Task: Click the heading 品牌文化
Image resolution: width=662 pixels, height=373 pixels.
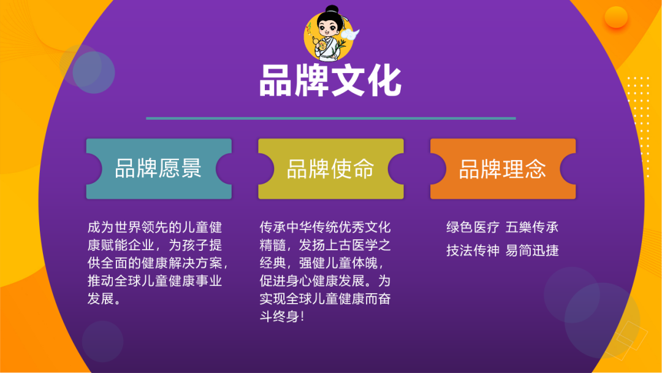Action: [330, 82]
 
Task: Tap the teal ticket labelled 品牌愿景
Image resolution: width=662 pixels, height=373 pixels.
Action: [159, 169]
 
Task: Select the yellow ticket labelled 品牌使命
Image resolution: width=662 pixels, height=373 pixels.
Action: [330, 169]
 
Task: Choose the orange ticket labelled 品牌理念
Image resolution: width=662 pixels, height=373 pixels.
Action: [503, 169]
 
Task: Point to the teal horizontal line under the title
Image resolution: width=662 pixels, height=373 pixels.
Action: [330, 118]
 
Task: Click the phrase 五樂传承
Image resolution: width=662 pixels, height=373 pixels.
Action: [532, 228]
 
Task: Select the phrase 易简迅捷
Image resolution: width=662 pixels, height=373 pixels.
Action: [532, 250]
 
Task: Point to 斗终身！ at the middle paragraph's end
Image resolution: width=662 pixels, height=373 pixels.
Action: [283, 317]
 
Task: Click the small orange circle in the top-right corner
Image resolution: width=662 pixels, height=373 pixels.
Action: [615, 17]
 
